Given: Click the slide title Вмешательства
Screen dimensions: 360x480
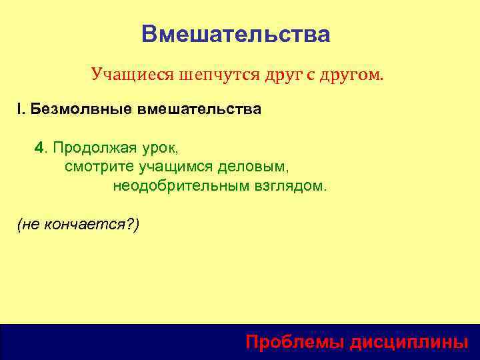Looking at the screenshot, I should pyautogui.click(x=236, y=34).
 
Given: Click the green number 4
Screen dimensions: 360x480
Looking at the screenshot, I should pyautogui.click(x=39, y=147).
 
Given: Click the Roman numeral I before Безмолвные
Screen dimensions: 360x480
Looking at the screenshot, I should pyautogui.click(x=19, y=109).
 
